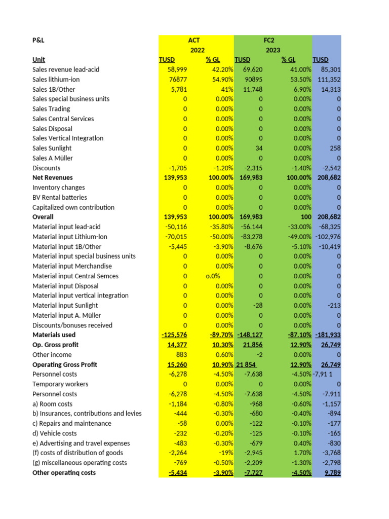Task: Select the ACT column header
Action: (194, 40)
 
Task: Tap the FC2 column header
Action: (268, 40)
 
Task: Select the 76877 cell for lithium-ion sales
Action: (178, 80)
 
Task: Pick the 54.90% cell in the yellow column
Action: (222, 80)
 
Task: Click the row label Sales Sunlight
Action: (52, 148)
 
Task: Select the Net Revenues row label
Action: (53, 177)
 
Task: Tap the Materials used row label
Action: (54, 335)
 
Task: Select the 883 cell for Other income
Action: (181, 355)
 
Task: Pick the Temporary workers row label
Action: (60, 384)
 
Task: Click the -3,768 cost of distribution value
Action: (330, 453)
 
